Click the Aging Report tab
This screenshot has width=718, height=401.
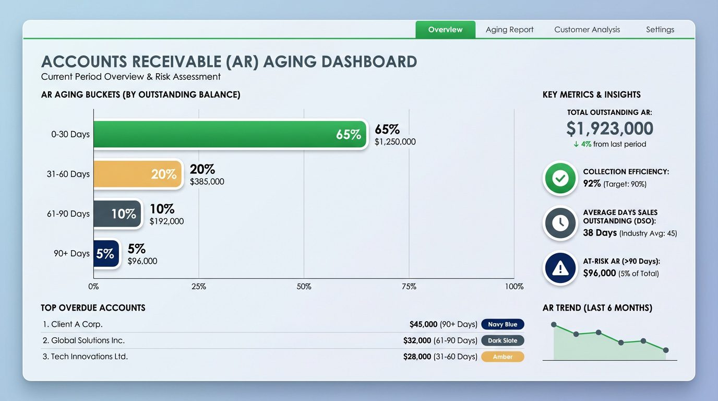[x=509, y=30]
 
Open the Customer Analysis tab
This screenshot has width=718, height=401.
[x=587, y=30]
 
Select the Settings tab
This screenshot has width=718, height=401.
[x=660, y=30]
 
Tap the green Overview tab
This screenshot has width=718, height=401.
[x=445, y=30]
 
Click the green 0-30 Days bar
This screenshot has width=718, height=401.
[x=230, y=135]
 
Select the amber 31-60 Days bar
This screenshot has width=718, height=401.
[x=138, y=174]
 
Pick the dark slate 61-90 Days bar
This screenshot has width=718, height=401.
[x=117, y=214]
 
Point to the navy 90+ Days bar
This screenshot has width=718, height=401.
[x=106, y=254]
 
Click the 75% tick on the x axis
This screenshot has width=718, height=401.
[x=409, y=287]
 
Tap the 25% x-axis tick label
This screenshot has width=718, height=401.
[x=198, y=287]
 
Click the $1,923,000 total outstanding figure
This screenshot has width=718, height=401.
[x=609, y=128]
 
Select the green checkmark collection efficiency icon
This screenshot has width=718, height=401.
[x=560, y=179]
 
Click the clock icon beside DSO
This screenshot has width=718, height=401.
[x=560, y=223]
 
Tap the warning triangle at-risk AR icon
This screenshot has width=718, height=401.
[x=560, y=268]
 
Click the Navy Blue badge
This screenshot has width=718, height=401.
[x=502, y=324]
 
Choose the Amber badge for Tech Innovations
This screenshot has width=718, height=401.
[x=502, y=357]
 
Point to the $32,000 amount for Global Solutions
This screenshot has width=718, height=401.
[x=417, y=340]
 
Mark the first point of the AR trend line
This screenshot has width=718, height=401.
[x=554, y=324]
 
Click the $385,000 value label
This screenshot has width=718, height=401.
[x=207, y=182]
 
